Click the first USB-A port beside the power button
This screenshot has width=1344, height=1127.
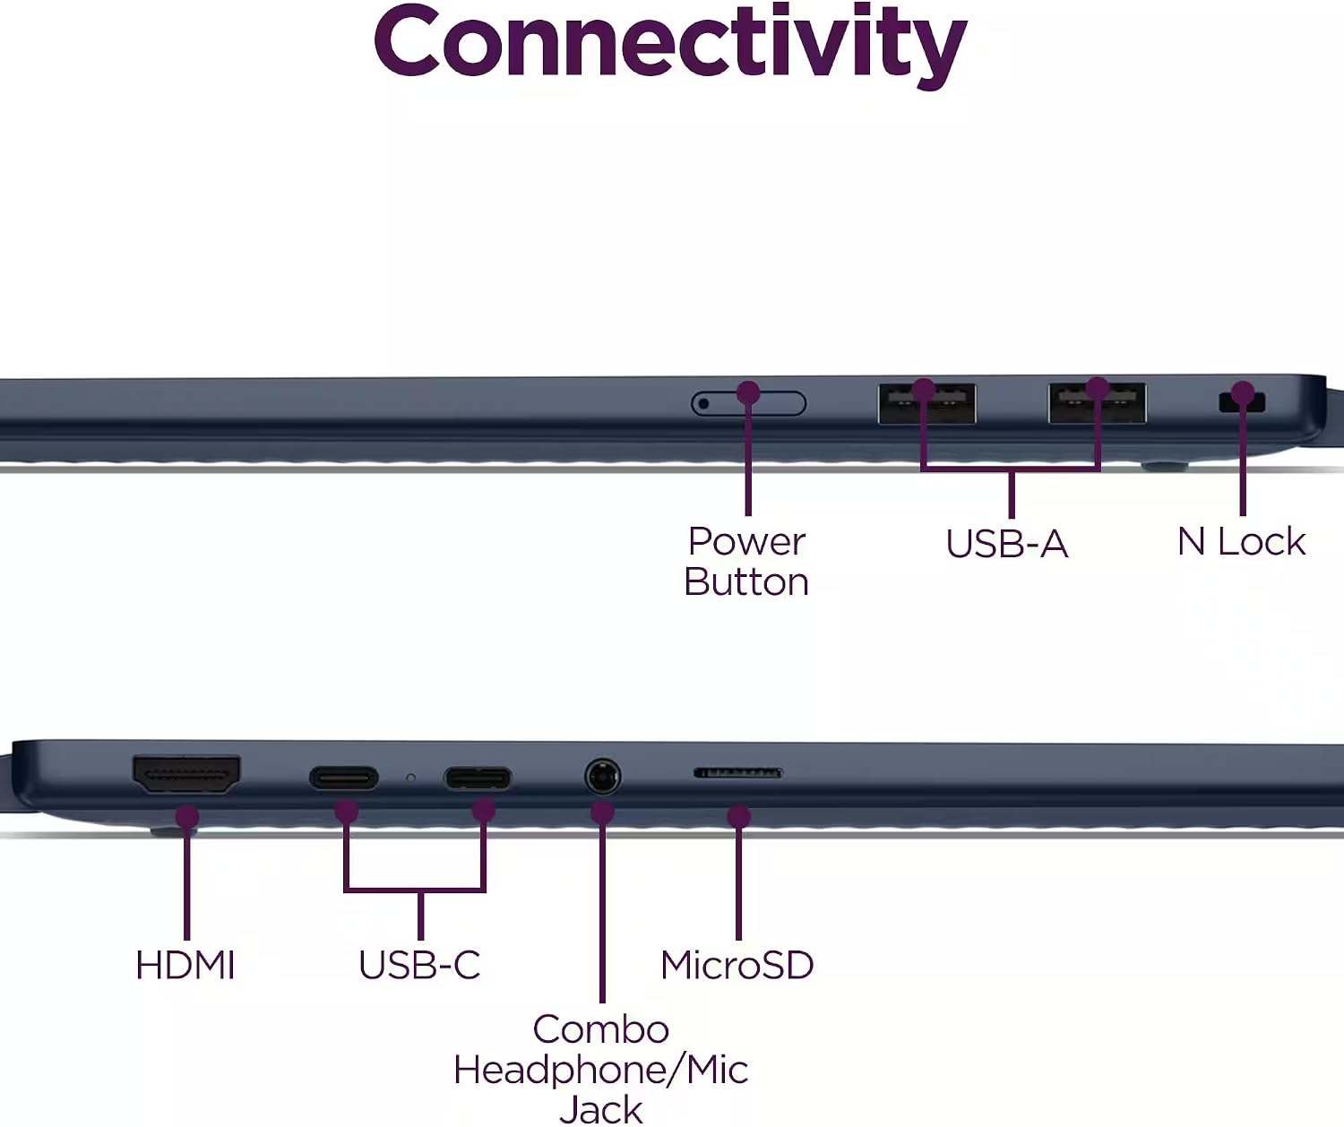926,403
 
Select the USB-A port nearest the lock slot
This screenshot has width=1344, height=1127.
1098,403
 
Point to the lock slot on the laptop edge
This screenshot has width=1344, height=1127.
1242,403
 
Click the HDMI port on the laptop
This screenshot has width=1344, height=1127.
186,774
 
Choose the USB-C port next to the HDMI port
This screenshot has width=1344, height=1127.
344,778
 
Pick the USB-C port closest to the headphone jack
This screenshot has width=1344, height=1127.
478,779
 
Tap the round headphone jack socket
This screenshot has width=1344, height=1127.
602,776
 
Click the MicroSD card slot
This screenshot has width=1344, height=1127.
737,772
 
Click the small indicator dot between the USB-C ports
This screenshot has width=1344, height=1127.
410,779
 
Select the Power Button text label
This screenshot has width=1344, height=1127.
746,561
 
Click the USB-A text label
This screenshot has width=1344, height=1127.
1007,543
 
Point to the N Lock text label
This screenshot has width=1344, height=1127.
1241,541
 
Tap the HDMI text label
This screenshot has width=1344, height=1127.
185,966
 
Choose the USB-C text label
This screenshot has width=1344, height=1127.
419,966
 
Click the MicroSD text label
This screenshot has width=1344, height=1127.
737,966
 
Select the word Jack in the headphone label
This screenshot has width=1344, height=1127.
601,1108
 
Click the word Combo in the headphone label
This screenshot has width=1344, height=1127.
601,1029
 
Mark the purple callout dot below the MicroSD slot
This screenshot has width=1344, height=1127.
739,817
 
